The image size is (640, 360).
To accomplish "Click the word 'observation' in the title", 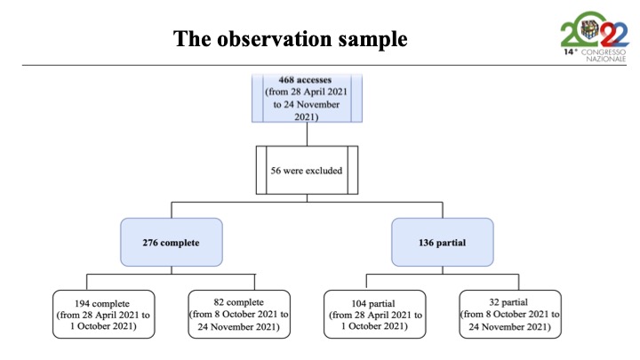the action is coord(275,39).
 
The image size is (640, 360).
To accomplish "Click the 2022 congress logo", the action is coord(595,36).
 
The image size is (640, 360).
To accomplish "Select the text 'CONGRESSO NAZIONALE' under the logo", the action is coord(604,55).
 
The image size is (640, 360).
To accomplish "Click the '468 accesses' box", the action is coord(307,98).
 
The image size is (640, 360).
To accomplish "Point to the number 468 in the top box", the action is coord(287,80).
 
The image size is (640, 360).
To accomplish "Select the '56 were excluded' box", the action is coord(307,170).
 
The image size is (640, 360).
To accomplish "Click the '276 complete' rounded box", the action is coord(172,242).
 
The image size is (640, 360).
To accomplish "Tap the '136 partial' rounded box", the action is coord(443,242).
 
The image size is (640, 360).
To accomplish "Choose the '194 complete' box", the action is coord(104,315).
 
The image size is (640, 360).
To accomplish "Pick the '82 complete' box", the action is coord(239,315).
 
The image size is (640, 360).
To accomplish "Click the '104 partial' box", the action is coord(375,315).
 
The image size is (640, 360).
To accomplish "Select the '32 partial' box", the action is coord(510,315).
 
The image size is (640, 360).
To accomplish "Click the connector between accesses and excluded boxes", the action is coord(307,134).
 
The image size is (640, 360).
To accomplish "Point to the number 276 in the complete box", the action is coord(150,243).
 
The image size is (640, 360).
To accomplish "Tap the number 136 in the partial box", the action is coord(426,243).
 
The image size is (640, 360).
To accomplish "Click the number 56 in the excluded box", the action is coord(276,171).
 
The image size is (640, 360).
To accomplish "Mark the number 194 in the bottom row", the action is coord(83,304).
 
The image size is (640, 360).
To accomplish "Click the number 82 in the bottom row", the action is coord(219,302).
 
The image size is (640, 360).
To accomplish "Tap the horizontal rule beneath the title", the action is coord(324,65).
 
